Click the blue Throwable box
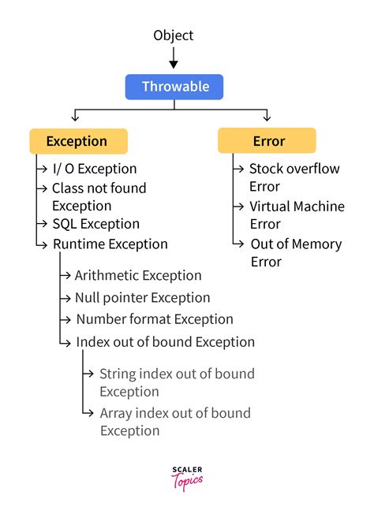(174, 87)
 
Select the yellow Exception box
(77, 141)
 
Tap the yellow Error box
(267, 141)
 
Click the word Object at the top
(174, 35)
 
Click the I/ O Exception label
(94, 169)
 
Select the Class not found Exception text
(99, 196)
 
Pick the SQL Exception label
(95, 224)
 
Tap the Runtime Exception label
(110, 244)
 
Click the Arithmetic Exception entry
(138, 275)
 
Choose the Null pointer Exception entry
(142, 297)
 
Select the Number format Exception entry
(155, 319)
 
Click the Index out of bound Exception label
(165, 341)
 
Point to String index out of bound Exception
(177, 382)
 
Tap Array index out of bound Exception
(175, 422)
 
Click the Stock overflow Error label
(293, 177)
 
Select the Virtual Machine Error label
(296, 214)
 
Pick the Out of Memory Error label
(295, 252)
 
